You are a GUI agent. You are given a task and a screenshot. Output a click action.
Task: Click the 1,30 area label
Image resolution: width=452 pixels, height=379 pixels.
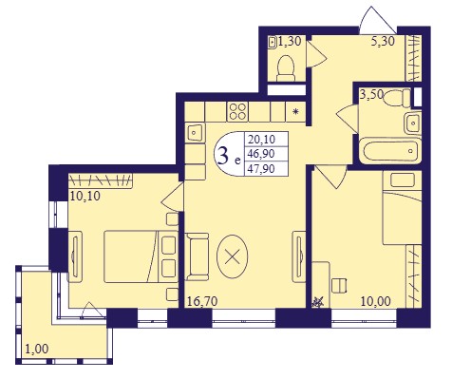[x=290, y=41]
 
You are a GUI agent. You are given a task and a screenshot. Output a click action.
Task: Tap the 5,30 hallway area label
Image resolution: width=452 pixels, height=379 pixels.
[x=383, y=41]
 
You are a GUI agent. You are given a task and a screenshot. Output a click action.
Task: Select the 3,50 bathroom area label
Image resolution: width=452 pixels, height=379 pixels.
[x=371, y=94]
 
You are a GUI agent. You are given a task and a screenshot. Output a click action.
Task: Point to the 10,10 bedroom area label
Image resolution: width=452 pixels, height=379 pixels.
[x=85, y=196]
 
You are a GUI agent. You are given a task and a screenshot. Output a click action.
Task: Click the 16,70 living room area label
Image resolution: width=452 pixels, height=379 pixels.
[x=202, y=301]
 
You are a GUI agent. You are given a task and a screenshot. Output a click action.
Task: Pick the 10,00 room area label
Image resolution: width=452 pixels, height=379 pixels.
[x=376, y=301]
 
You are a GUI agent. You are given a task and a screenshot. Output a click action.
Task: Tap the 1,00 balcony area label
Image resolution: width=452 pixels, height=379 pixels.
[x=37, y=349]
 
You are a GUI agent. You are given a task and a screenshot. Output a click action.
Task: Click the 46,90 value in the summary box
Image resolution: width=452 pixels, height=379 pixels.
[x=261, y=154]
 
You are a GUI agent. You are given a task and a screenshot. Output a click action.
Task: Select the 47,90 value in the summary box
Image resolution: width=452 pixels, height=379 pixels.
[x=261, y=169]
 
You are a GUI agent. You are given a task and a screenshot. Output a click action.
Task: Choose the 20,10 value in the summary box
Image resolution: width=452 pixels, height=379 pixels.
[x=261, y=139]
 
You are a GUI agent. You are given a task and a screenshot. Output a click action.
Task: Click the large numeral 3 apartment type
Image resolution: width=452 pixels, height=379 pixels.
[x=223, y=156]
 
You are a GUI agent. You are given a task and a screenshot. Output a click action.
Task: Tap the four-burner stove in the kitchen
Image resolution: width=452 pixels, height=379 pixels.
[x=237, y=112]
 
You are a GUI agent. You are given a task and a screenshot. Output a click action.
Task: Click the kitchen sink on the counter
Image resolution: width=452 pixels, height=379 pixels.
[x=195, y=133]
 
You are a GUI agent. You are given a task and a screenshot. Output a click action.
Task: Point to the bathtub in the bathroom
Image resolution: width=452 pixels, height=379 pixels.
[x=390, y=150]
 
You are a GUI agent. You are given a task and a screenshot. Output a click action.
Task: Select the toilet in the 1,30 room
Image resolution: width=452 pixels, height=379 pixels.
[x=286, y=68]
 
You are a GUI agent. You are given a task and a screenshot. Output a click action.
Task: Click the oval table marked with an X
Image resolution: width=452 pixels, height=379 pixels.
[x=233, y=256]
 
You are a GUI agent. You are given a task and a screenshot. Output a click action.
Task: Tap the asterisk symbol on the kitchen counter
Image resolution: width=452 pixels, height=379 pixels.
[x=296, y=111]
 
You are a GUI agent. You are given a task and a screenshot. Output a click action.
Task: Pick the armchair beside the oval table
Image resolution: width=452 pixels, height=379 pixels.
[x=197, y=256]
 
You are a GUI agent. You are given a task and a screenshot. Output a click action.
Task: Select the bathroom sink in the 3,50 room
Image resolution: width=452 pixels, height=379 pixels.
[x=413, y=123]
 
